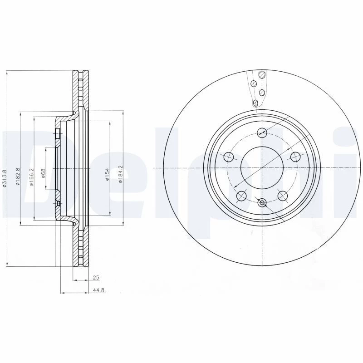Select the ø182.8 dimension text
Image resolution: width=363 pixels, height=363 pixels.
tap(18, 176)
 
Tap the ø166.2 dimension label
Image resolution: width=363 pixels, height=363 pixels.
tap(32, 177)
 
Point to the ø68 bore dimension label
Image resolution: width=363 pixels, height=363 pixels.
tap(43, 173)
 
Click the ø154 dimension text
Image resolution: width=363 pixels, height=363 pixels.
tap(107, 174)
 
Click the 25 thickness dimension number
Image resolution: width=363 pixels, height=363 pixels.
tap(96, 278)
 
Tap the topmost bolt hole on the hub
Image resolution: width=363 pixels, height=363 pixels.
tap(262, 132)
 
